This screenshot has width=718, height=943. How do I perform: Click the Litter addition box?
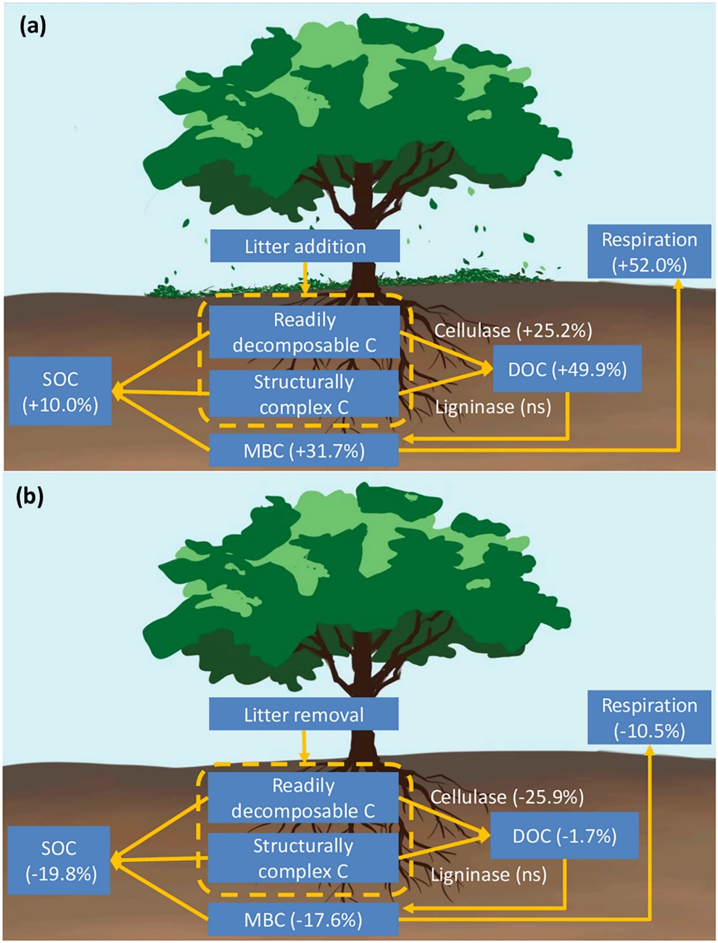(305, 246)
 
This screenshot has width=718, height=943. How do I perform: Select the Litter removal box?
(303, 715)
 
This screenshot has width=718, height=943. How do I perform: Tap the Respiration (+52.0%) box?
(649, 252)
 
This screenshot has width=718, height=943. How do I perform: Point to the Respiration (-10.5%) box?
(649, 717)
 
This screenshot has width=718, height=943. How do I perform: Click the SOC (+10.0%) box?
(60, 391)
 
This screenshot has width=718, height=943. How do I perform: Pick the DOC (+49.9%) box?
(566, 369)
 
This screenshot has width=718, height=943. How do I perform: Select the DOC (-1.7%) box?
(564, 836)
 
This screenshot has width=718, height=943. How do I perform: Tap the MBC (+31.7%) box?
(304, 450)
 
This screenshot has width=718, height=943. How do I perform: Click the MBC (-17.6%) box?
(302, 920)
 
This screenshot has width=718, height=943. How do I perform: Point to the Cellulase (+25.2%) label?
(513, 331)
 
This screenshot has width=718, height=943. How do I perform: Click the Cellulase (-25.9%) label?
(507, 797)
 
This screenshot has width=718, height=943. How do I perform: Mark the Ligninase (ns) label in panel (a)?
(493, 407)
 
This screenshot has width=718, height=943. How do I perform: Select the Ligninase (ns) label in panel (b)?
(489, 874)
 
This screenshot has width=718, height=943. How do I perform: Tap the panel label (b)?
(30, 497)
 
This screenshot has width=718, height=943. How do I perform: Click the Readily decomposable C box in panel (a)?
(304, 332)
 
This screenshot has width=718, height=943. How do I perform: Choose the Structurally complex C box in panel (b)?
(302, 857)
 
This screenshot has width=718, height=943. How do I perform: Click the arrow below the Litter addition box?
(305, 279)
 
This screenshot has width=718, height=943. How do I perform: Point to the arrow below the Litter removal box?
(304, 746)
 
